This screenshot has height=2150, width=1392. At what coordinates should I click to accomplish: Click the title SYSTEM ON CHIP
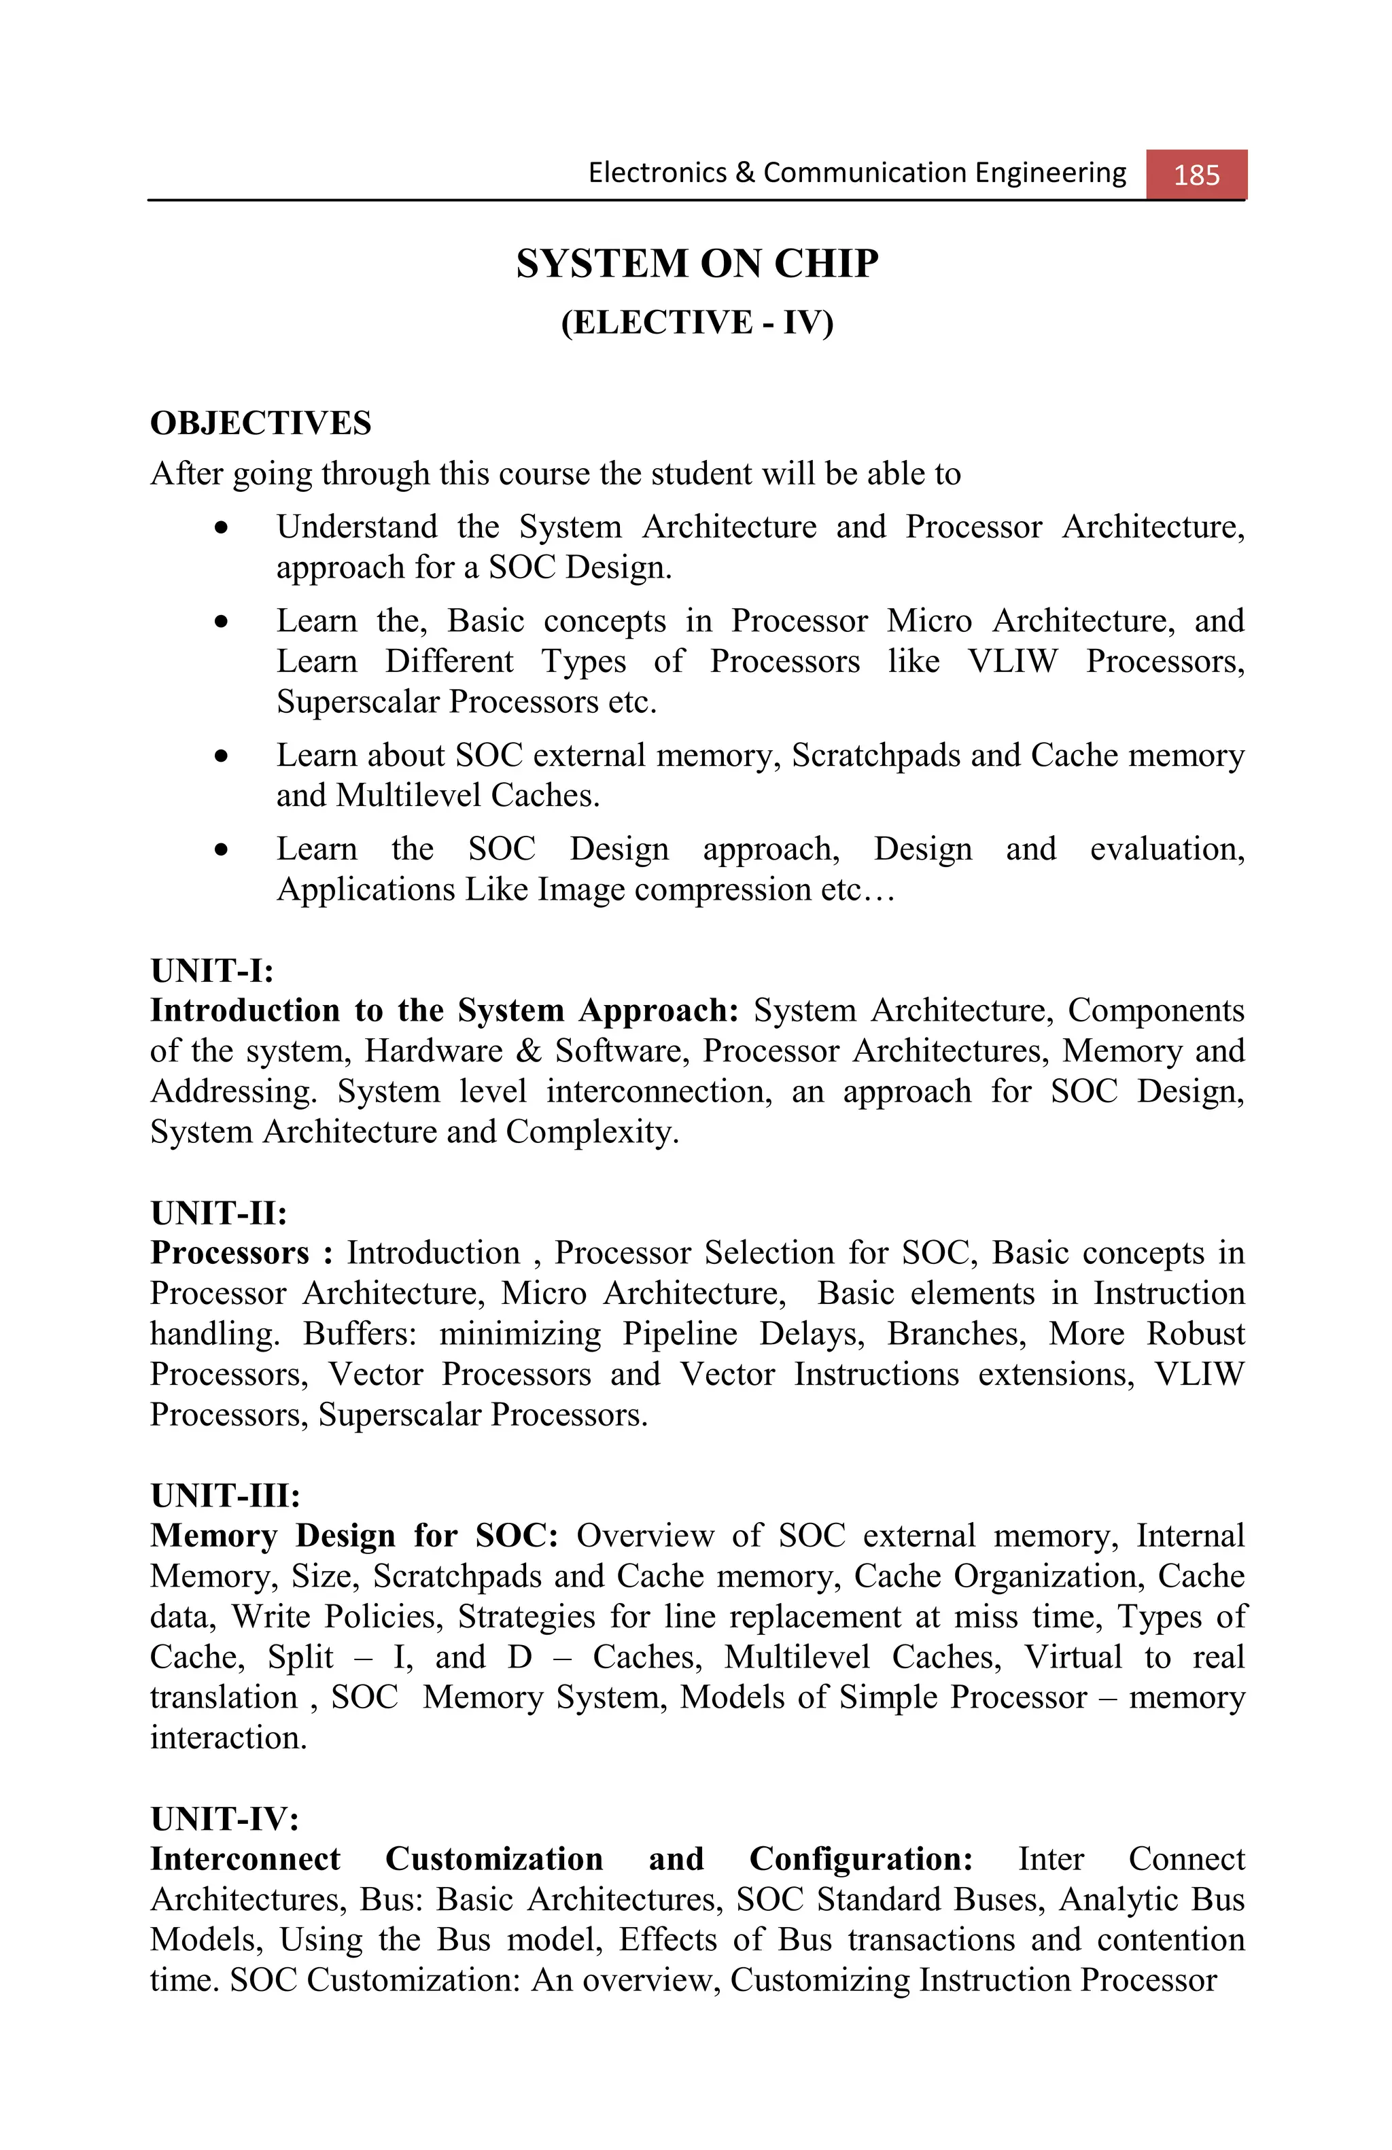(697, 264)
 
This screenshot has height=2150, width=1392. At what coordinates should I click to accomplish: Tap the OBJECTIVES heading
(260, 423)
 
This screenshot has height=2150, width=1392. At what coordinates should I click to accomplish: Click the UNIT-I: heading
(211, 971)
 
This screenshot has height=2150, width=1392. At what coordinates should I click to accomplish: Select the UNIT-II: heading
(219, 1213)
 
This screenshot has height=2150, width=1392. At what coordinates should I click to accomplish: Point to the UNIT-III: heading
(225, 1496)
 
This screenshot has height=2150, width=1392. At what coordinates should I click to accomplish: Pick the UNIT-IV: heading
(224, 1818)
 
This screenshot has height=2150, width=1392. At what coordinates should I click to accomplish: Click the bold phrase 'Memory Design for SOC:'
(354, 1536)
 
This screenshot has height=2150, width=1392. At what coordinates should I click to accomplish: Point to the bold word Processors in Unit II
(230, 1253)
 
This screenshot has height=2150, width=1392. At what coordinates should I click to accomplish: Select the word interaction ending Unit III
(228, 1737)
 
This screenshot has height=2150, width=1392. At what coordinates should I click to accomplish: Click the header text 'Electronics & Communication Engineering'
(856, 173)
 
